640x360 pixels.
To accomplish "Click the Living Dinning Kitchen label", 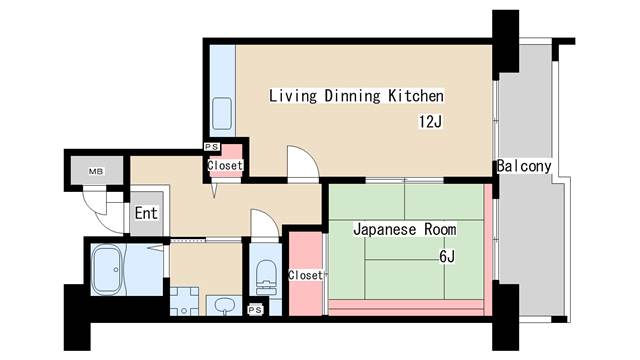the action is [356, 96].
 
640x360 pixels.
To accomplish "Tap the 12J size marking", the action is [431, 122].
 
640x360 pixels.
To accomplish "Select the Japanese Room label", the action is [404, 229].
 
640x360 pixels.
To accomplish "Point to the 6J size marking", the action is [447, 256].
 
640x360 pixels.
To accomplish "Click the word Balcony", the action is [524, 166].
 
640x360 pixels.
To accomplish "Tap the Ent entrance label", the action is [146, 213].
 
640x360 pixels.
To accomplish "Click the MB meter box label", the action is [96, 171].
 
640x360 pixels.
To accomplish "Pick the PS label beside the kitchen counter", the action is [211, 147].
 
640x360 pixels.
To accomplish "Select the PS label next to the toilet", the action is [255, 310].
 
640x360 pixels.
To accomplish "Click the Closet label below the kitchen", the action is [225, 165].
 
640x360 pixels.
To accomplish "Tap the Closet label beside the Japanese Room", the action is [305, 276].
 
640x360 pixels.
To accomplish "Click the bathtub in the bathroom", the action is [107, 269].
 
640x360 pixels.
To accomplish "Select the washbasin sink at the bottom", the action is [224, 305].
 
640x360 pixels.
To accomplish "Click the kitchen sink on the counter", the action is [222, 113].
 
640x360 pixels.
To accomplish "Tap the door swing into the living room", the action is [303, 163].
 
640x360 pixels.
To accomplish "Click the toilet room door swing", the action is [265, 224].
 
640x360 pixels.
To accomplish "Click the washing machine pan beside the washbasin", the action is [184, 301].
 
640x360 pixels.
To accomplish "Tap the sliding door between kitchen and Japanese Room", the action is [404, 180].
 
